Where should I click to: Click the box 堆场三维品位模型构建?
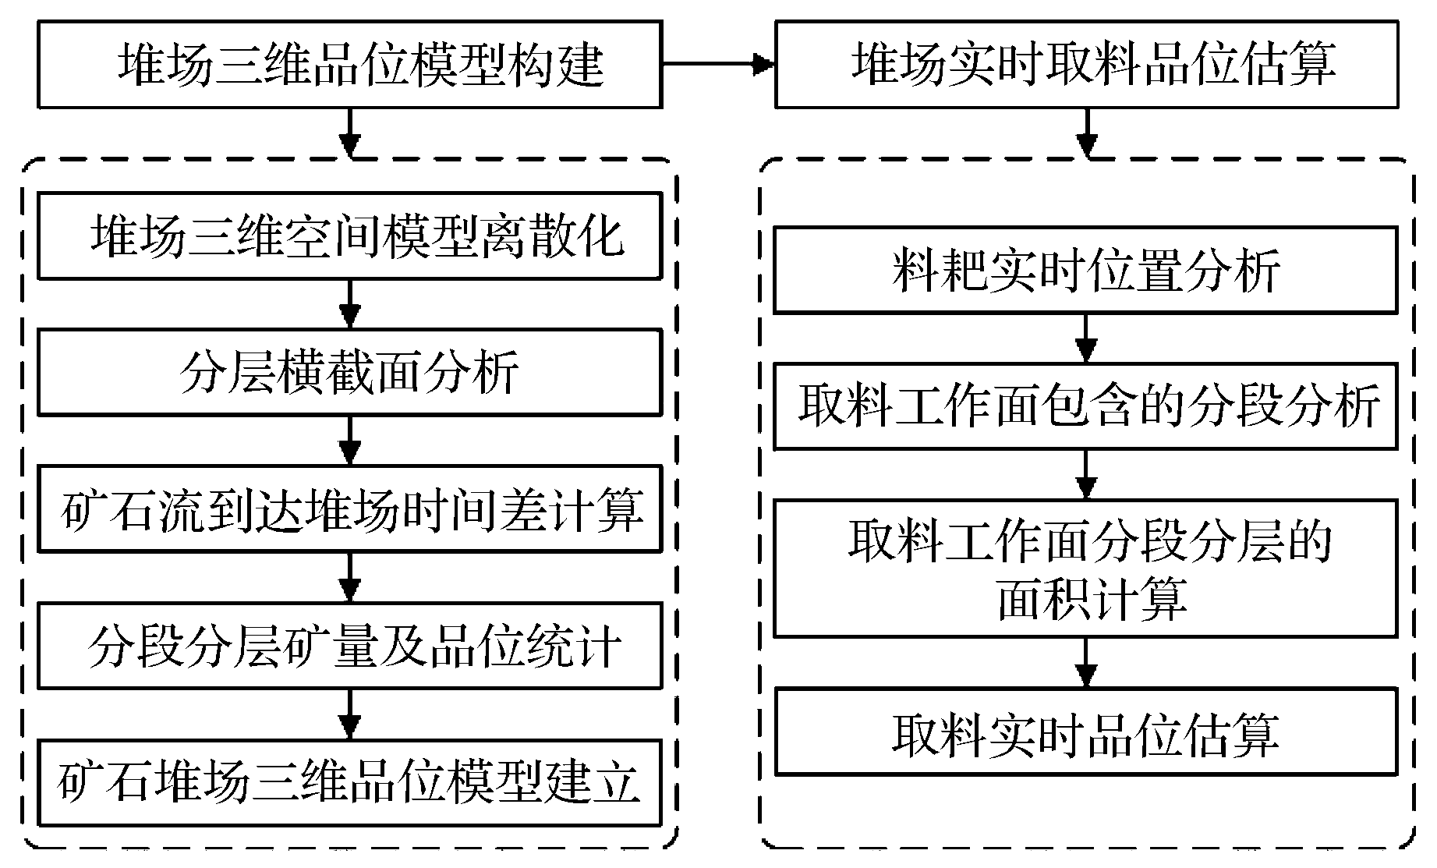[x=349, y=64]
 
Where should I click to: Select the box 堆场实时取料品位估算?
[x=1086, y=64]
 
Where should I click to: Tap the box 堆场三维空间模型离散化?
[x=349, y=236]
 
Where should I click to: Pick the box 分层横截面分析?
[x=349, y=372]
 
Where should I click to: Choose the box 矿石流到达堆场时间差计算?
[x=349, y=508]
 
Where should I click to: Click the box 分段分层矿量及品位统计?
[x=349, y=645]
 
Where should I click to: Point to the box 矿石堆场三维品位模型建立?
[x=349, y=782]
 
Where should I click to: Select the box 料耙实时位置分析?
[x=1085, y=270]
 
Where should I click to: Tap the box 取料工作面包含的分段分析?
[x=1085, y=406]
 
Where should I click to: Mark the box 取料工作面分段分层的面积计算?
[x=1085, y=569]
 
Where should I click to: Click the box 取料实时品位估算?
[x=1085, y=731]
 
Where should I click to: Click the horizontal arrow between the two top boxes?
[x=717, y=65]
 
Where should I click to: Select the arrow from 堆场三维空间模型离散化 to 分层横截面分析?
[x=350, y=304]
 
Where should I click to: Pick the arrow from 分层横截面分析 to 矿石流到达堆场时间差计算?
[x=350, y=441]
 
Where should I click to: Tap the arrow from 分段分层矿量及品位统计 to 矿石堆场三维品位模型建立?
[x=350, y=714]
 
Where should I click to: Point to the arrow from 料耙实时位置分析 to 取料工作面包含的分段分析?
[x=1086, y=338]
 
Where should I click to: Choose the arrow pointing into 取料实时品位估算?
[x=1086, y=663]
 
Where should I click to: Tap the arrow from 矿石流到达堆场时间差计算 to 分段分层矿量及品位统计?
[x=350, y=577]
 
